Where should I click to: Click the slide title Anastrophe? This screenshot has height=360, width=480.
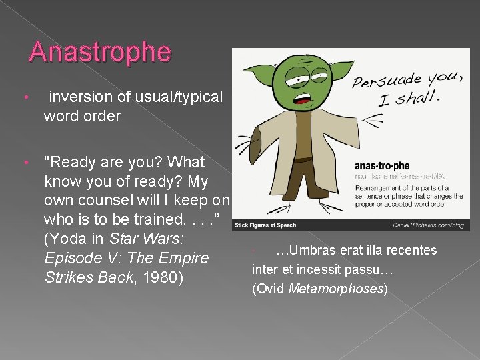(100, 52)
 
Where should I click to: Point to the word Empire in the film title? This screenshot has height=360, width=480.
(181, 258)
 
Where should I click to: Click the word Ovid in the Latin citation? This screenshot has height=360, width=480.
(270, 289)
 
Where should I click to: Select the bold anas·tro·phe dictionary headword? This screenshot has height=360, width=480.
(382, 166)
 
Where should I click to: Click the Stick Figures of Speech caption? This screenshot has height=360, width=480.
(265, 225)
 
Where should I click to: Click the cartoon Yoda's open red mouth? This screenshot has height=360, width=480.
(308, 101)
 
